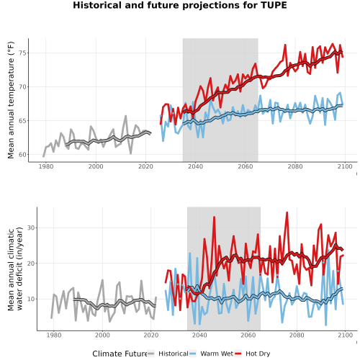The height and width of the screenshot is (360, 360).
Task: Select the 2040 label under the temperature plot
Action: [195, 166]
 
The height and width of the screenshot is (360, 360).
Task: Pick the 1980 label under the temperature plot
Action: [46, 166]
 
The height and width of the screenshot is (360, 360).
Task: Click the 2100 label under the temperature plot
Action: [345, 166]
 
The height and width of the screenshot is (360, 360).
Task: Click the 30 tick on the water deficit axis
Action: [30, 228]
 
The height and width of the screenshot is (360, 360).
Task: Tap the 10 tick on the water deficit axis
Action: [30, 299]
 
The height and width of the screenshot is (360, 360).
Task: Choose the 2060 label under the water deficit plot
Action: [248, 335]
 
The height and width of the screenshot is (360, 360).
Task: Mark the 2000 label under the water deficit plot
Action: [102, 335]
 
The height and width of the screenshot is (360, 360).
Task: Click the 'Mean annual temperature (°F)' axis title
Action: [11, 100]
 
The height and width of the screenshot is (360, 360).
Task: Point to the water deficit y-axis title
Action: [15, 269]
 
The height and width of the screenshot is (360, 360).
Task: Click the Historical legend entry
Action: [168, 354]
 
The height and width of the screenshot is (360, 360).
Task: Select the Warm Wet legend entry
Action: [211, 354]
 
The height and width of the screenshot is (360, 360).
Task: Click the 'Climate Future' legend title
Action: [120, 354]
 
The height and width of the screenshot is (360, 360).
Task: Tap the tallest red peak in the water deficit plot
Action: [287, 212]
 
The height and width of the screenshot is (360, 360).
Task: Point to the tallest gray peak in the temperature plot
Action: [125, 116]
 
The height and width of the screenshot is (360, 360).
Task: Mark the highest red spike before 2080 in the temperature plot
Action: [285, 45]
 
